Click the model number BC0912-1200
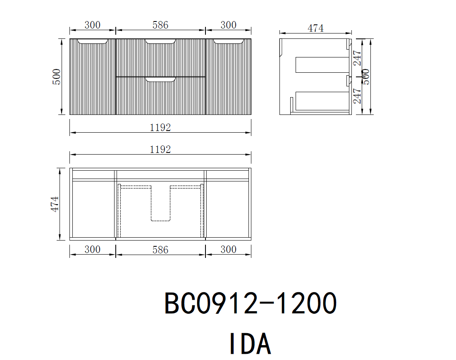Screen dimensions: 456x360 (251, 303)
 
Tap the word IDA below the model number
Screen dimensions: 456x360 (251, 343)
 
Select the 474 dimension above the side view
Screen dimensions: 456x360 (315, 28)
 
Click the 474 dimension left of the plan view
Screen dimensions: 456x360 (55, 204)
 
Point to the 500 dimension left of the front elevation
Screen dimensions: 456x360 (56, 77)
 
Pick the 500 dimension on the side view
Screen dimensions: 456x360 (366, 77)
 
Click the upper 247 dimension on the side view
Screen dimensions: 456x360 (357, 58)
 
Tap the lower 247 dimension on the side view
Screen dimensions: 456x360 (357, 96)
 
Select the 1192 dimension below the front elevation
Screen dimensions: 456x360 (160, 128)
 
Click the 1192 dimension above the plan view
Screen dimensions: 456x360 (160, 150)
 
